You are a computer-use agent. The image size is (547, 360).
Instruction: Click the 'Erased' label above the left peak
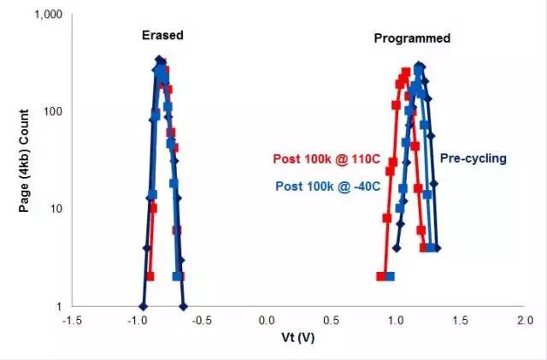162,35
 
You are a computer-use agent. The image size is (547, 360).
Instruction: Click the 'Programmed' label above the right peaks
412,38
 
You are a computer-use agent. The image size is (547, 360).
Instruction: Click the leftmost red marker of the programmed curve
380,276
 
